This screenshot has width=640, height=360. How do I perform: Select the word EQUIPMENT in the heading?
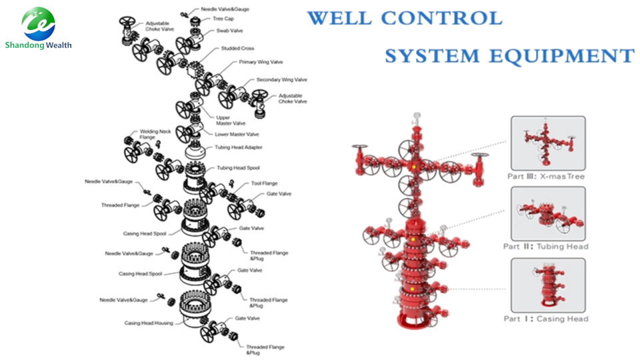click(x=553, y=55)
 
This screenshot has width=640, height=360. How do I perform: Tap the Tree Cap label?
click(x=223, y=19)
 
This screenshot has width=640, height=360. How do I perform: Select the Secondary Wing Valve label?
click(x=282, y=80)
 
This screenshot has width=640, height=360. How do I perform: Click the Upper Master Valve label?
click(x=231, y=120)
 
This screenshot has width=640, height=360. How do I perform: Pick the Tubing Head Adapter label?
click(x=238, y=147)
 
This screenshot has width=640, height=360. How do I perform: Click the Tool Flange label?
click(x=265, y=183)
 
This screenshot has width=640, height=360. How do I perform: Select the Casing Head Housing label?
click(x=149, y=323)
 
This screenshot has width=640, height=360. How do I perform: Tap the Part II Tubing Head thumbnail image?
click(x=547, y=213)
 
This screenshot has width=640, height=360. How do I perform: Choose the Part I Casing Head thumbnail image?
click(x=547, y=285)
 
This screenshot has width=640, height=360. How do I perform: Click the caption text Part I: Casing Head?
click(x=546, y=319)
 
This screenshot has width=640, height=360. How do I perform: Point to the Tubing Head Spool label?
click(x=239, y=168)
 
